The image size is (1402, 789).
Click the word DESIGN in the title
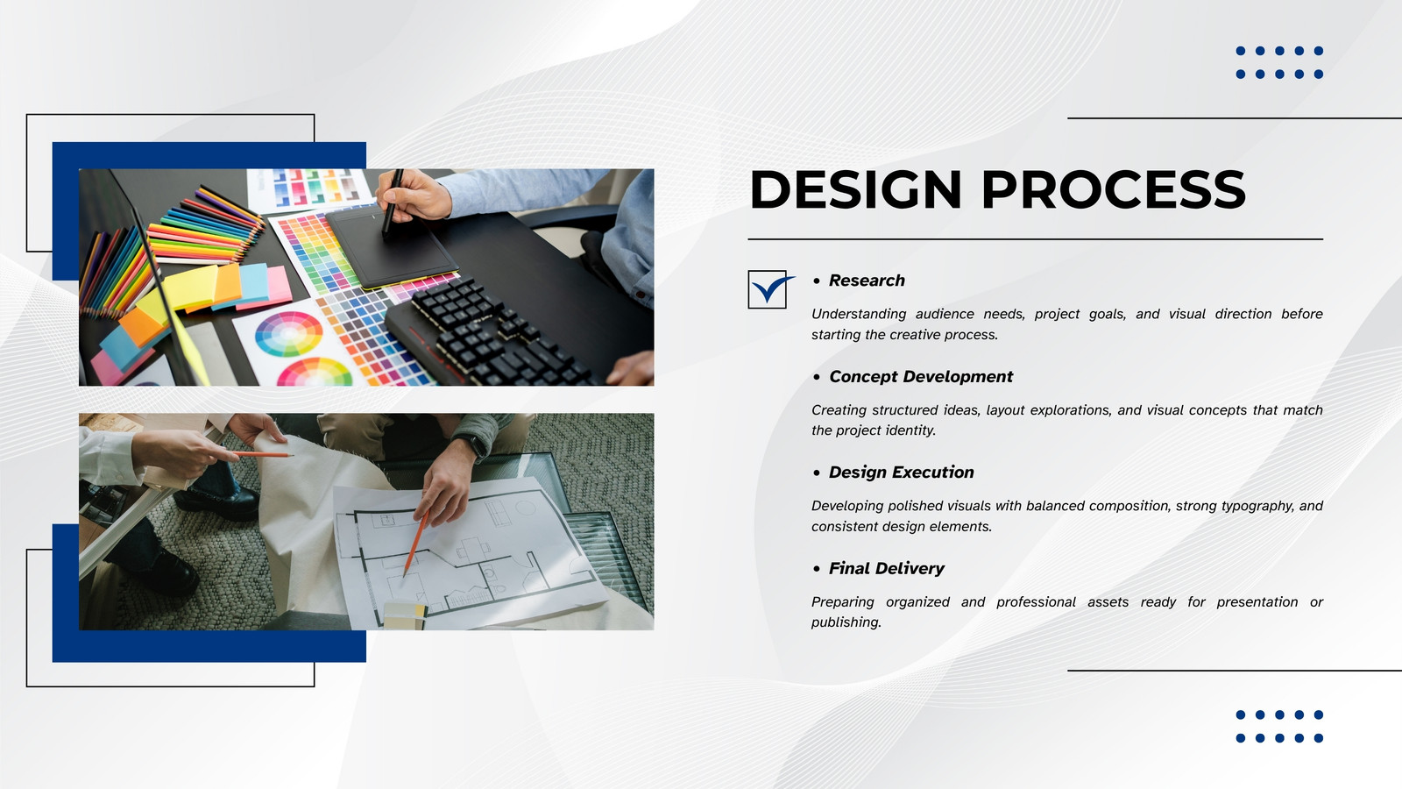pyautogui.click(x=855, y=189)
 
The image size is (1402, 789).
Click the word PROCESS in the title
pyautogui.click(x=1114, y=189)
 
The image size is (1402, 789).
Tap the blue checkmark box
pyautogui.click(x=770, y=289)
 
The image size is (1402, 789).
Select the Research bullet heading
pyautogui.click(x=867, y=281)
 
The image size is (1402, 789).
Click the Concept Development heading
pyautogui.click(x=921, y=377)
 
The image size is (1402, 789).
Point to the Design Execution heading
pyautogui.click(x=902, y=473)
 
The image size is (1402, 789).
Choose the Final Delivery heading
pyautogui.click(x=886, y=569)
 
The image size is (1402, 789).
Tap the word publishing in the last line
pyautogui.click(x=846, y=622)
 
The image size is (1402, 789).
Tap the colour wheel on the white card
pyautogui.click(x=288, y=334)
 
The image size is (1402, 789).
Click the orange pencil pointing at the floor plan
pyautogui.click(x=415, y=543)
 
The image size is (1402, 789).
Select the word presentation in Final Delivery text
pyautogui.click(x=1257, y=602)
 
